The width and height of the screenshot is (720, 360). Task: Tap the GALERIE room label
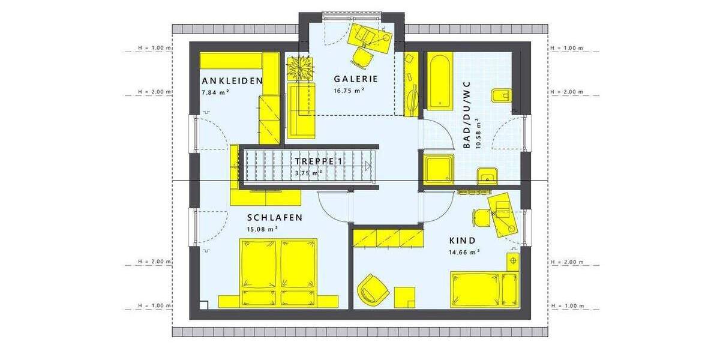click(356, 79)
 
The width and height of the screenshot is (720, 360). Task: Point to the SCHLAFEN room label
click(274, 218)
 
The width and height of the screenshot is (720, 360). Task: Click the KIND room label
click(462, 241)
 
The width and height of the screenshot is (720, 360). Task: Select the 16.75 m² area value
click(349, 91)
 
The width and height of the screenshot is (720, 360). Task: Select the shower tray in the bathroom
click(438, 169)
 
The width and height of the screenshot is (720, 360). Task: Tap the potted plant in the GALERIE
click(301, 67)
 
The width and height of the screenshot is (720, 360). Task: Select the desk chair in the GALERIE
click(362, 57)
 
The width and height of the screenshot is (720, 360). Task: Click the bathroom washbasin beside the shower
click(487, 176)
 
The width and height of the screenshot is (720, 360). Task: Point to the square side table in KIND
click(405, 296)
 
